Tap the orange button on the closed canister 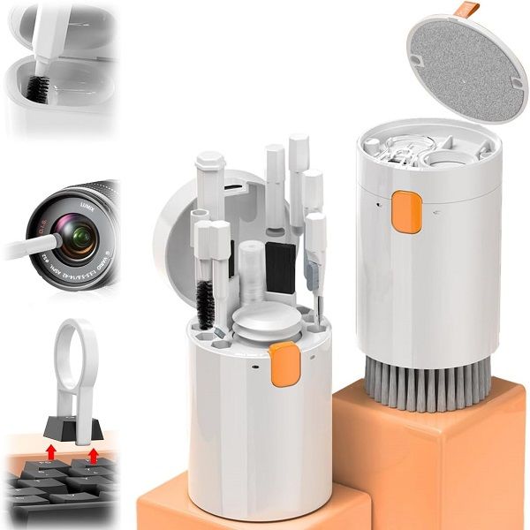[406, 212]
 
